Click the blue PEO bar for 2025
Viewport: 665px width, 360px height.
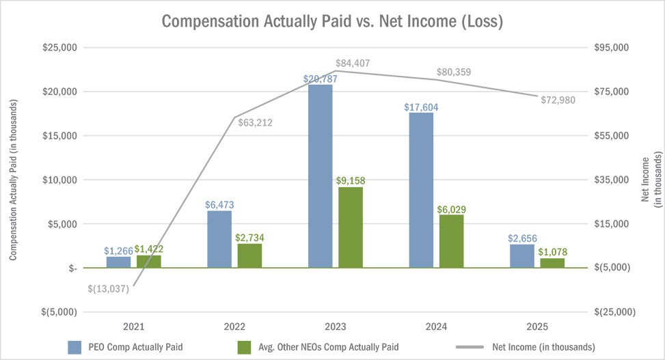(x=522, y=256)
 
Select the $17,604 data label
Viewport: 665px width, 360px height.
(x=422, y=107)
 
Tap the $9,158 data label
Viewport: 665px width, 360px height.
(x=351, y=181)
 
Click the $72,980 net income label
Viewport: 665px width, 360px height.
(x=558, y=100)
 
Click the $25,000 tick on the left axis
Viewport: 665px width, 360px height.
(x=59, y=48)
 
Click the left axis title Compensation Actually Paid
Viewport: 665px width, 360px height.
(x=12, y=179)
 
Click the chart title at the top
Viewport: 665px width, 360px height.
(x=332, y=21)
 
